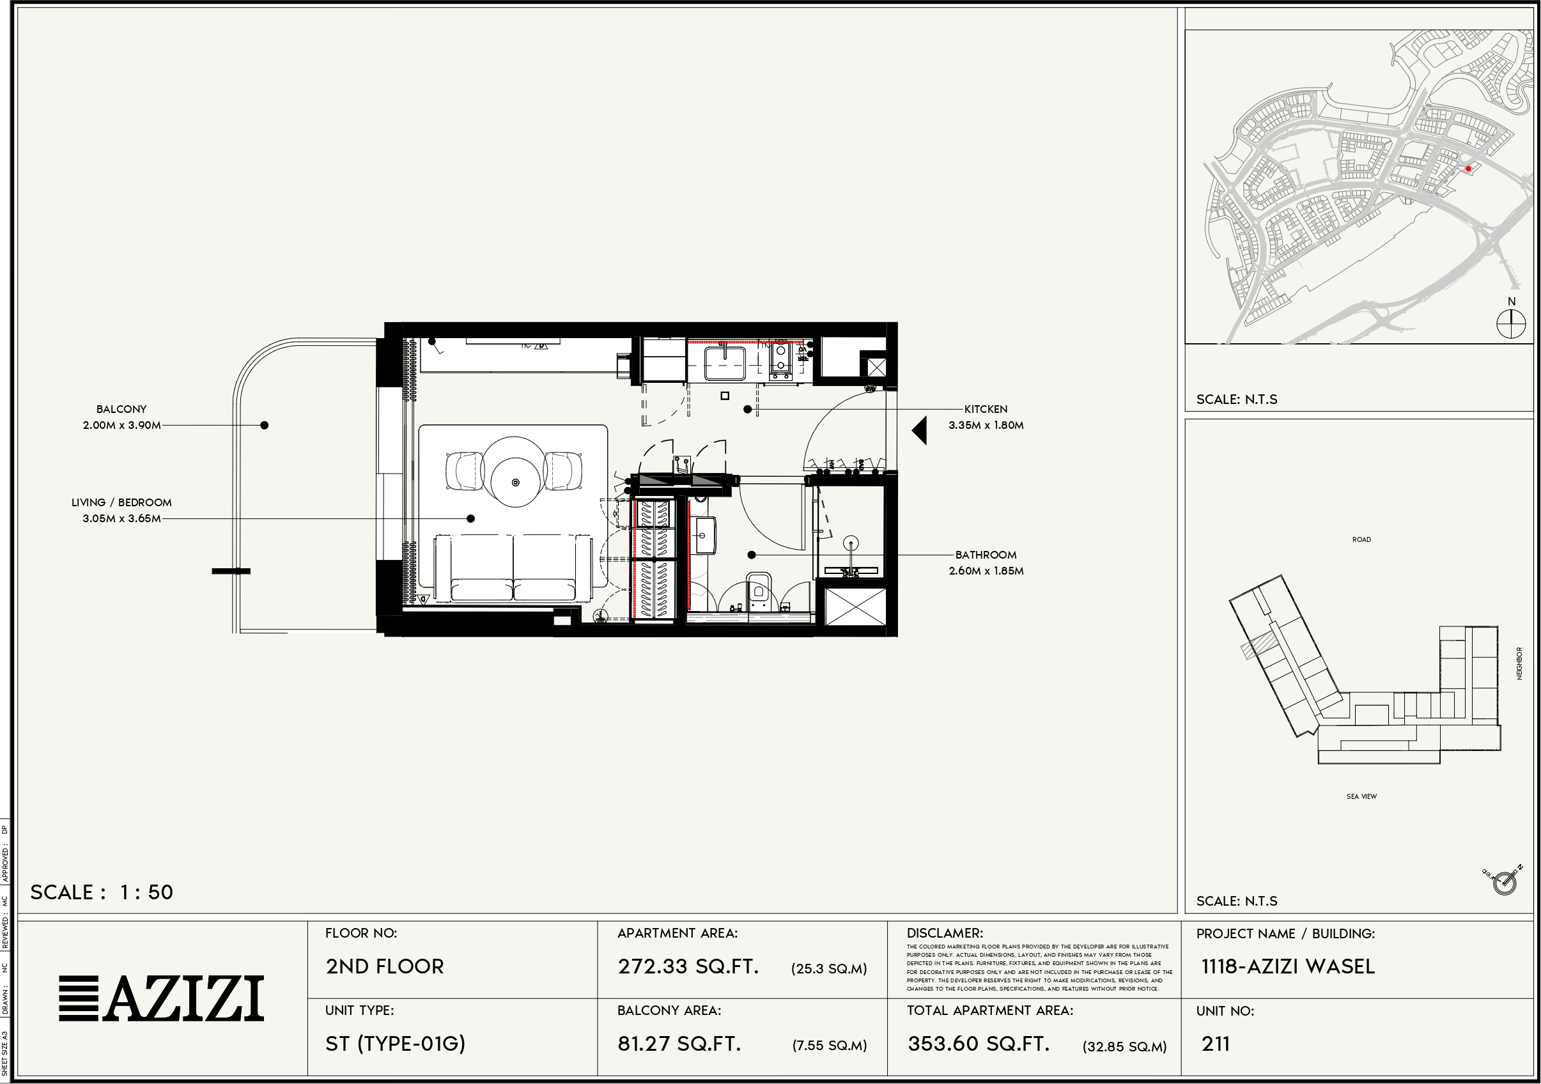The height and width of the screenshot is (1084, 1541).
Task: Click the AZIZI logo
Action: [161, 999]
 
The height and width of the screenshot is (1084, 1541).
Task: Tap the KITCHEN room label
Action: [986, 409]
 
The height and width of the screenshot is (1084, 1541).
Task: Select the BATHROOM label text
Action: [986, 554]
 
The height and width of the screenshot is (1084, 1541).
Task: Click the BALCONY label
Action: [121, 409]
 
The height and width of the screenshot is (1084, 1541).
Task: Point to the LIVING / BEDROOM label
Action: [121, 502]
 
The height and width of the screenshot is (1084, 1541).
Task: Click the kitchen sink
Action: [724, 362]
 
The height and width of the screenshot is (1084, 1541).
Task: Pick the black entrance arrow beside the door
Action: [920, 430]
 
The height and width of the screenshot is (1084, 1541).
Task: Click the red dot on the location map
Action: [1469, 169]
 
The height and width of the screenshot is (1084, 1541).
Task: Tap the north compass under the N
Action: [1511, 324]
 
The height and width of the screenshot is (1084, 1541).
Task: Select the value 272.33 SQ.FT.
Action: [688, 966]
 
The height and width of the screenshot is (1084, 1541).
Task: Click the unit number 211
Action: [1216, 1044]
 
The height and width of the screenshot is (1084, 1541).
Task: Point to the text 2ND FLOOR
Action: [385, 966]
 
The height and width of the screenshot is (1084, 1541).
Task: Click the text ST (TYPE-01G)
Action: [396, 1044]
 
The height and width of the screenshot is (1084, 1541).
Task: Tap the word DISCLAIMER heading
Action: [944, 933]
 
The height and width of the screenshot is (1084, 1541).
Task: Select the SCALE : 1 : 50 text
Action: [102, 892]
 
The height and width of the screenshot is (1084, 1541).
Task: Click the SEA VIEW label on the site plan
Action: [1361, 796]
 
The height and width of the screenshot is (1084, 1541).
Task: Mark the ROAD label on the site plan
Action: [1361, 539]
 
